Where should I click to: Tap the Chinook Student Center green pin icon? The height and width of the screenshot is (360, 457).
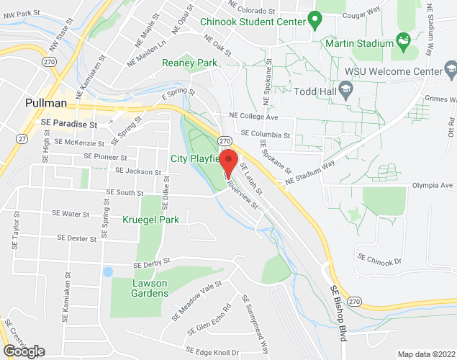(315, 19)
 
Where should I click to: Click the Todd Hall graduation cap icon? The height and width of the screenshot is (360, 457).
(345, 90)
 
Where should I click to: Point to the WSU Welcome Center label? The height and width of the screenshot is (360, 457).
(394, 72)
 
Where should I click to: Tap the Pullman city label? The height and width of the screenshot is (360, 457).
(46, 103)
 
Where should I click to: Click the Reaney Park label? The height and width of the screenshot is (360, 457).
(189, 63)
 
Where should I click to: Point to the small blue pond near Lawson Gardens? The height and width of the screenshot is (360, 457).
(107, 272)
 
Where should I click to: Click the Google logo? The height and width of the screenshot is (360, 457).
(24, 351)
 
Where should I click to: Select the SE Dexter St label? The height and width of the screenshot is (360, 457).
(71, 238)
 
